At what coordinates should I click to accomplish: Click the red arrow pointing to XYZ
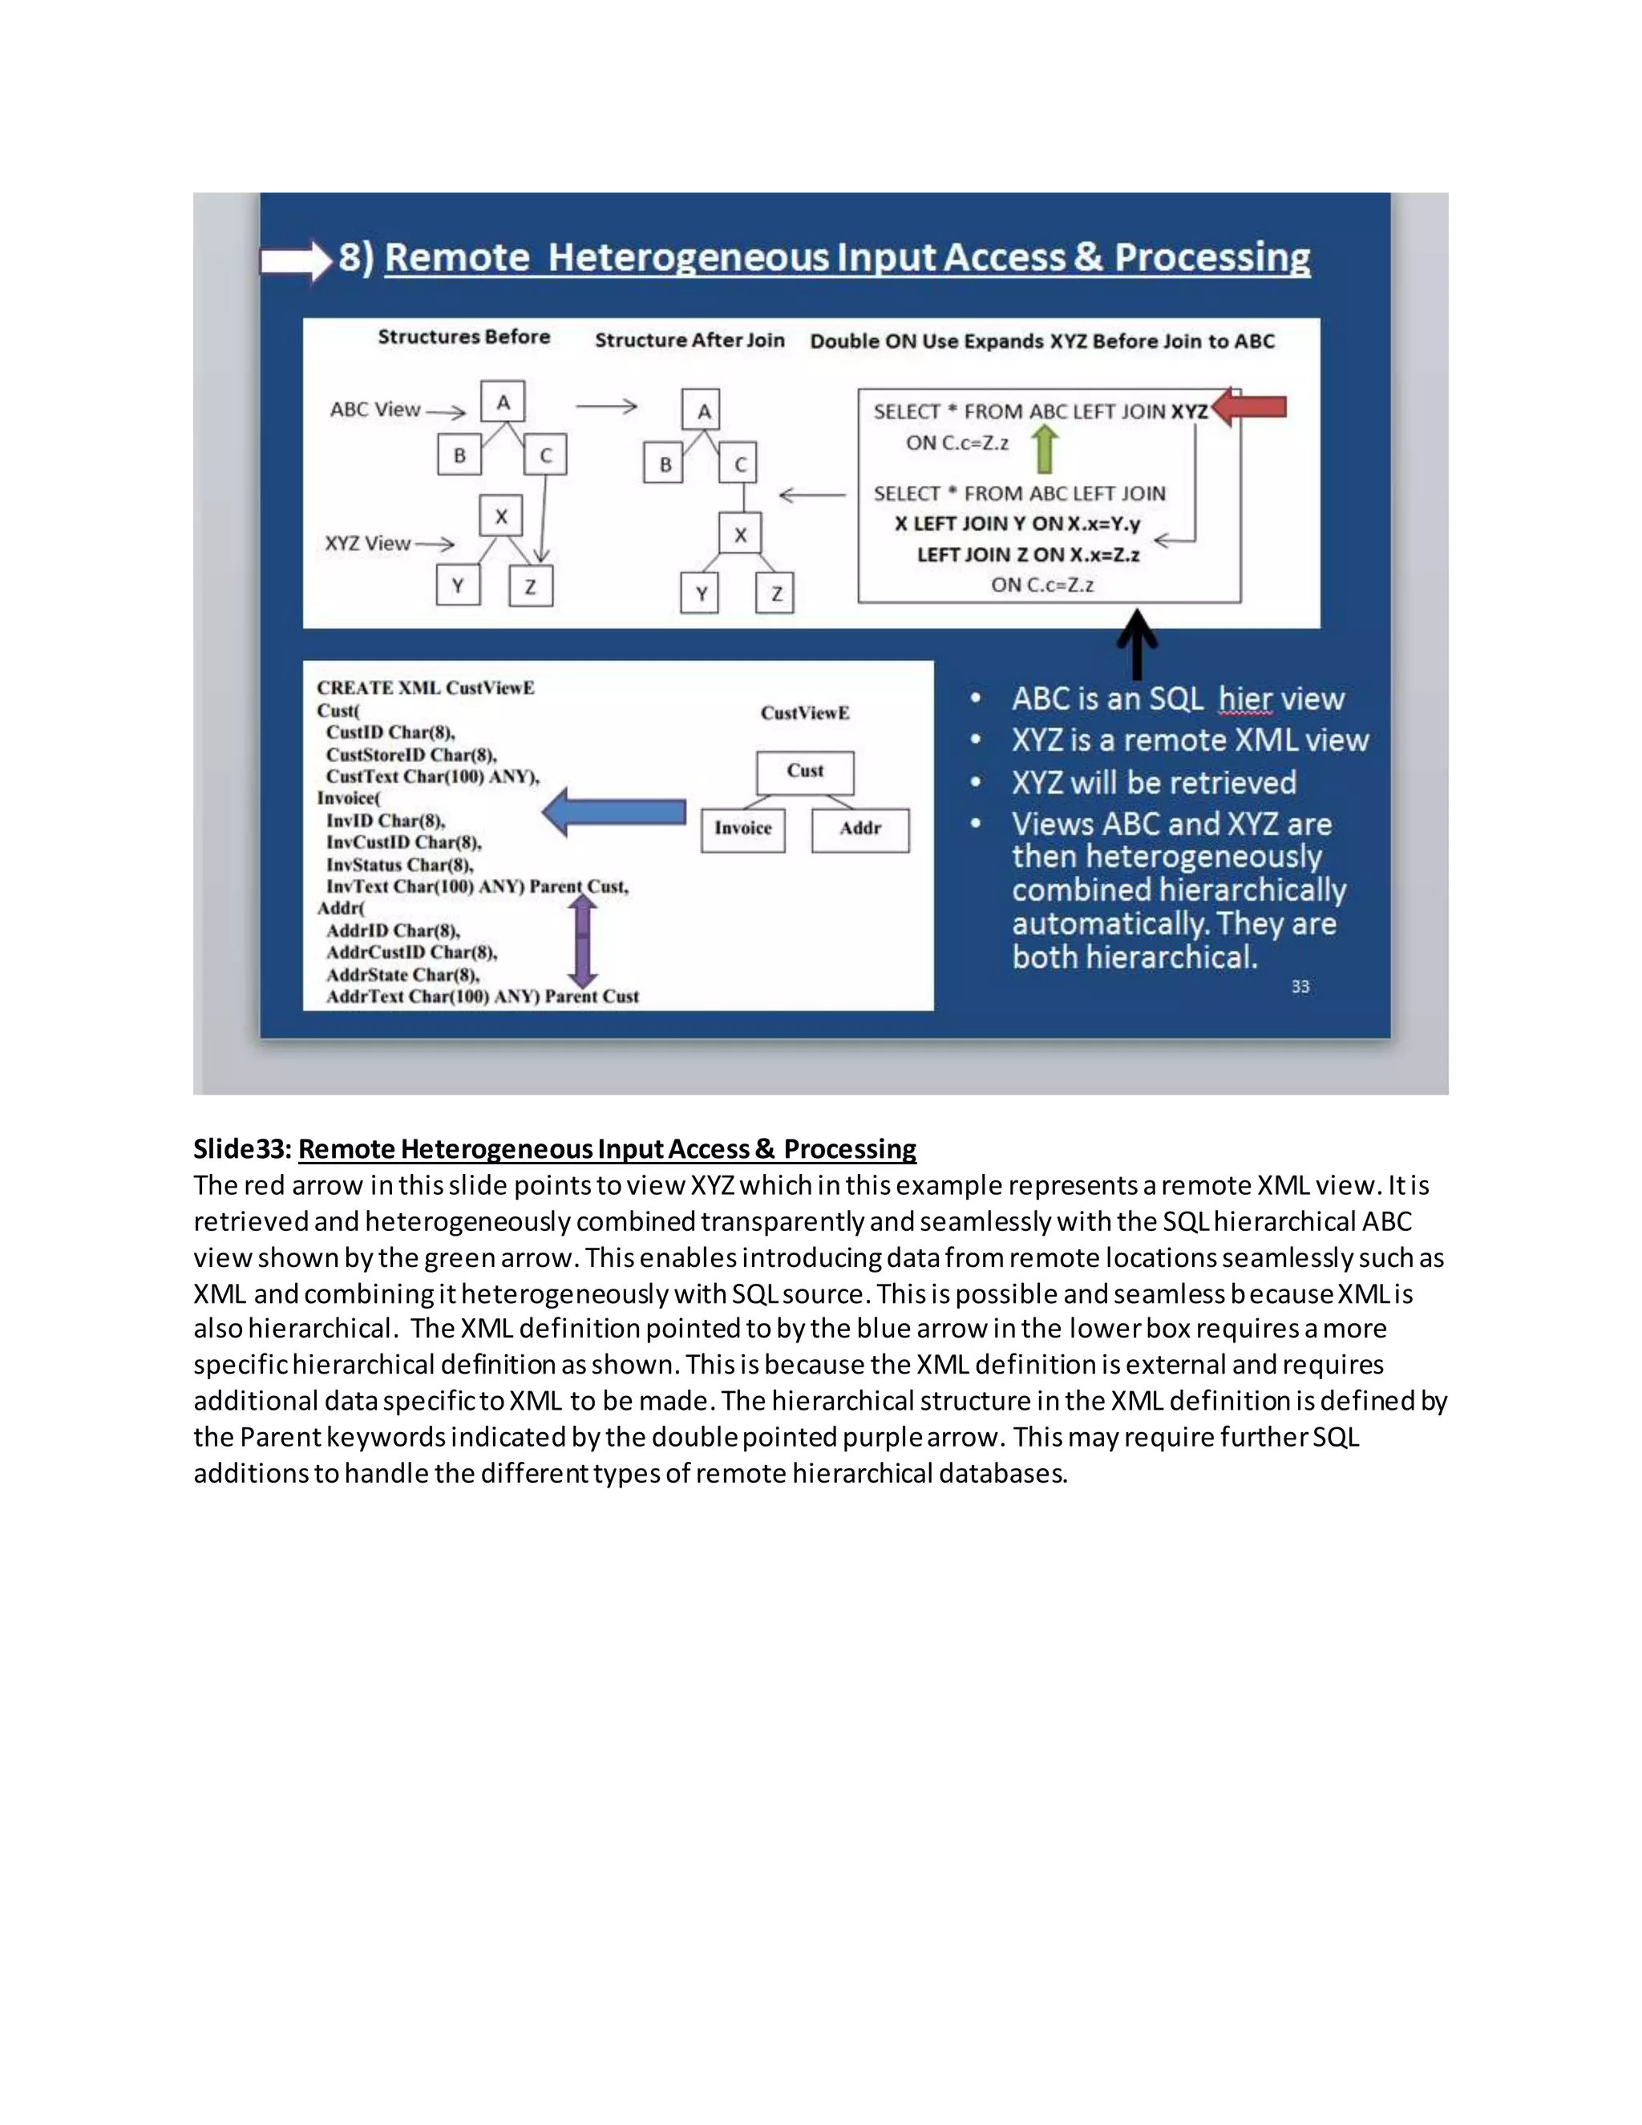coord(1252,407)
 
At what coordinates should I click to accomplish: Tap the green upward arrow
coord(1044,451)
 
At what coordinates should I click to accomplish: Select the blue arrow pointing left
coord(615,812)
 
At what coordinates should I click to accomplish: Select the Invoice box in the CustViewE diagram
coord(742,829)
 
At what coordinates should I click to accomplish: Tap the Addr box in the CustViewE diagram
coord(860,829)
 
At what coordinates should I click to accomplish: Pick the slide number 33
coord(1300,986)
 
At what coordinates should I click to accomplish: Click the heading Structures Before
coord(464,337)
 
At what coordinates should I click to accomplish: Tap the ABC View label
coord(374,410)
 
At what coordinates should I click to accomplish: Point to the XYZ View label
coord(368,544)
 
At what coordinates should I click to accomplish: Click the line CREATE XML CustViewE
coord(425,688)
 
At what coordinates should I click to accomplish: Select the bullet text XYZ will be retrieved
coord(1154,783)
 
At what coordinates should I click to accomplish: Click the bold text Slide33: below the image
coord(242,1149)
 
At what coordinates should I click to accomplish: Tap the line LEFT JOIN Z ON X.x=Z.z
coord(1028,555)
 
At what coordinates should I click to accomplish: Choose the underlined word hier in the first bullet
coord(1245,698)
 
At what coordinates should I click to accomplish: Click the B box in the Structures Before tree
coord(459,455)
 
